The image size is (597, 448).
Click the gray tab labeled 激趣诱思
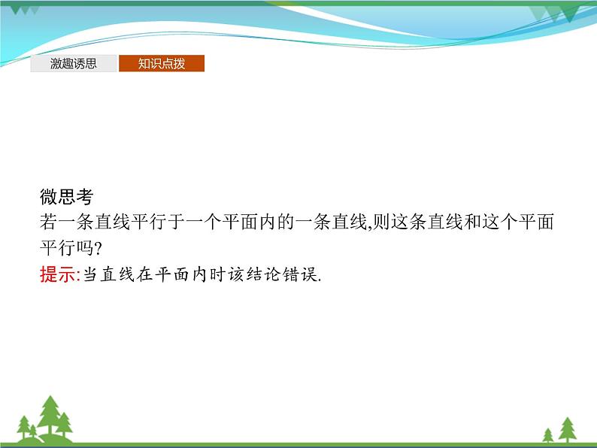pyautogui.click(x=74, y=64)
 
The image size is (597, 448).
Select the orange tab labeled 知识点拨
pyautogui.click(x=162, y=64)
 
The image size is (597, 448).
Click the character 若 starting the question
pyautogui.click(x=48, y=223)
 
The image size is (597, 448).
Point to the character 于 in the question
pyautogui.click(x=181, y=223)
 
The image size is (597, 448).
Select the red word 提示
pyautogui.click(x=57, y=275)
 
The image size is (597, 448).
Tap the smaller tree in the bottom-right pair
pyautogui.click(x=547, y=434)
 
